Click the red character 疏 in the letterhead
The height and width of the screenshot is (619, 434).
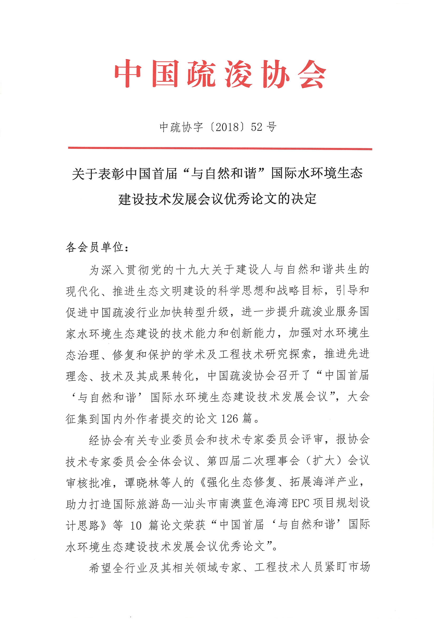[x=201, y=74]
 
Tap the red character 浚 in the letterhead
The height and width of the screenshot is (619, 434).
[x=238, y=74]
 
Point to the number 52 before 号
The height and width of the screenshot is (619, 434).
[x=257, y=127]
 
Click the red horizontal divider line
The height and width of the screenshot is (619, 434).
[x=220, y=148]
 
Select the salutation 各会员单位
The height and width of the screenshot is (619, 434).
[x=94, y=247]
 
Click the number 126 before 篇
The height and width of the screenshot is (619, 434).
[x=230, y=419]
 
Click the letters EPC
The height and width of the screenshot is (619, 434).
[x=300, y=503]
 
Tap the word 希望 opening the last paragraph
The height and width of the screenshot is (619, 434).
[x=100, y=567]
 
